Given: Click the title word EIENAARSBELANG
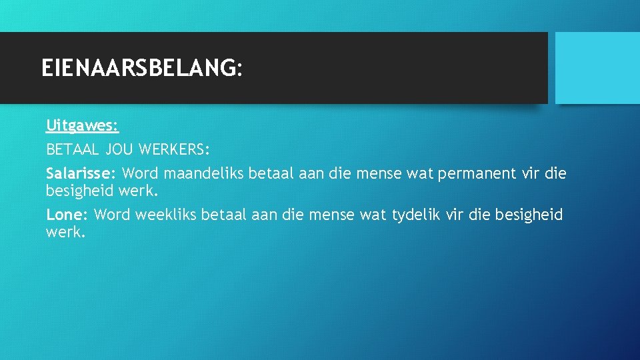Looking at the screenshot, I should (x=137, y=67).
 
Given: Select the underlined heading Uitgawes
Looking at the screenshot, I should (x=82, y=125).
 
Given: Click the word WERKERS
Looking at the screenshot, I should (x=175, y=149).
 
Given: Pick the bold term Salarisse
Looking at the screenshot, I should (x=81, y=173).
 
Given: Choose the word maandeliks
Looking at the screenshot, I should (x=203, y=173).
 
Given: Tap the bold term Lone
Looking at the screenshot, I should (x=67, y=215).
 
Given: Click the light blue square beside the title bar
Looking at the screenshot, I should (x=597, y=68).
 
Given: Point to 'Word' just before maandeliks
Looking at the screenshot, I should (x=140, y=173).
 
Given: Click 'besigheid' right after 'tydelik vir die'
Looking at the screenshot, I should (x=531, y=215).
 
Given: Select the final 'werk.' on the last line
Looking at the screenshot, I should (x=65, y=233).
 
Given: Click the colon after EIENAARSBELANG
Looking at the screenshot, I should (x=239, y=69).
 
